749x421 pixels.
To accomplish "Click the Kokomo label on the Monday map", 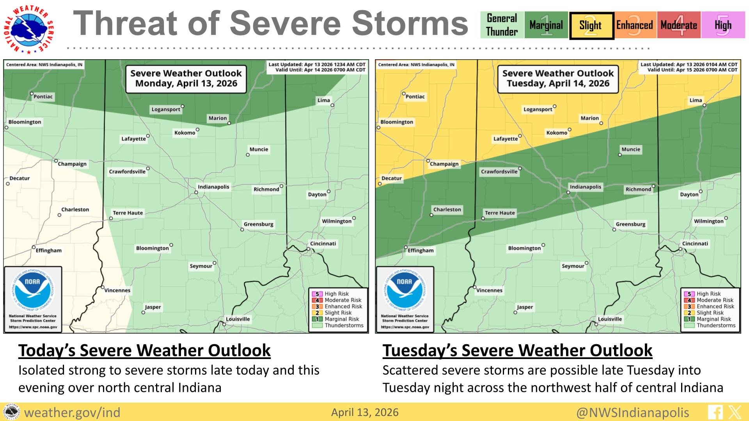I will pos(185,133).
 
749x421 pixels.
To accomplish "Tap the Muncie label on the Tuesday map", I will pos(631,149).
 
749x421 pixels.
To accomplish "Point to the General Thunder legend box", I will pos(502,25).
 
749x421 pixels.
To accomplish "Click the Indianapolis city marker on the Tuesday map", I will pos(568,192).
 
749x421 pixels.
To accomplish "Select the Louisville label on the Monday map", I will pos(238,319).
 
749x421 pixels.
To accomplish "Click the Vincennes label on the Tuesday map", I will pos(489,290).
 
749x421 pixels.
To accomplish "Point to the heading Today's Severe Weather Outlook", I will pos(144,350).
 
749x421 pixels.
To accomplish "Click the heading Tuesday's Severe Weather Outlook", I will pos(517,350).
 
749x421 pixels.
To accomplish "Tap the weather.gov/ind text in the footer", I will pos(73,412).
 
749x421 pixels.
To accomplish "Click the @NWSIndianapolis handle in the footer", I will pos(632,412).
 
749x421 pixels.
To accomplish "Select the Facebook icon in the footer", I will pos(715,412).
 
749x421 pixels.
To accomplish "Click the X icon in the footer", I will pos(735,412).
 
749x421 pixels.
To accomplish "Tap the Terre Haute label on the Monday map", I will pos(128,213).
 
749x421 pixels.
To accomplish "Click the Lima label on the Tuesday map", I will pos(696,100).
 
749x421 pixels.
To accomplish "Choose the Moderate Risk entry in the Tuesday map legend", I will pos(715,300).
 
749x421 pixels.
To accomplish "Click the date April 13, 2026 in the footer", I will pos(365,412).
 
